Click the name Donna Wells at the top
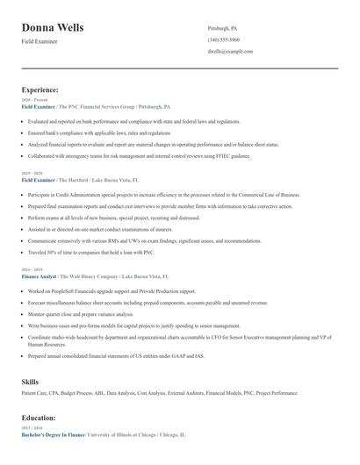point(53,28)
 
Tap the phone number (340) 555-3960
point(223,40)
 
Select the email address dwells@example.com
point(230,52)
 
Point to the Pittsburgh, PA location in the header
point(222,28)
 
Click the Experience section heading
point(40,89)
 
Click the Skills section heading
point(30,383)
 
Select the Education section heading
point(39,418)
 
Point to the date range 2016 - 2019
point(32,270)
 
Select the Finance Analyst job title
point(39,275)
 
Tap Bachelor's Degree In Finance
point(54,434)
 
